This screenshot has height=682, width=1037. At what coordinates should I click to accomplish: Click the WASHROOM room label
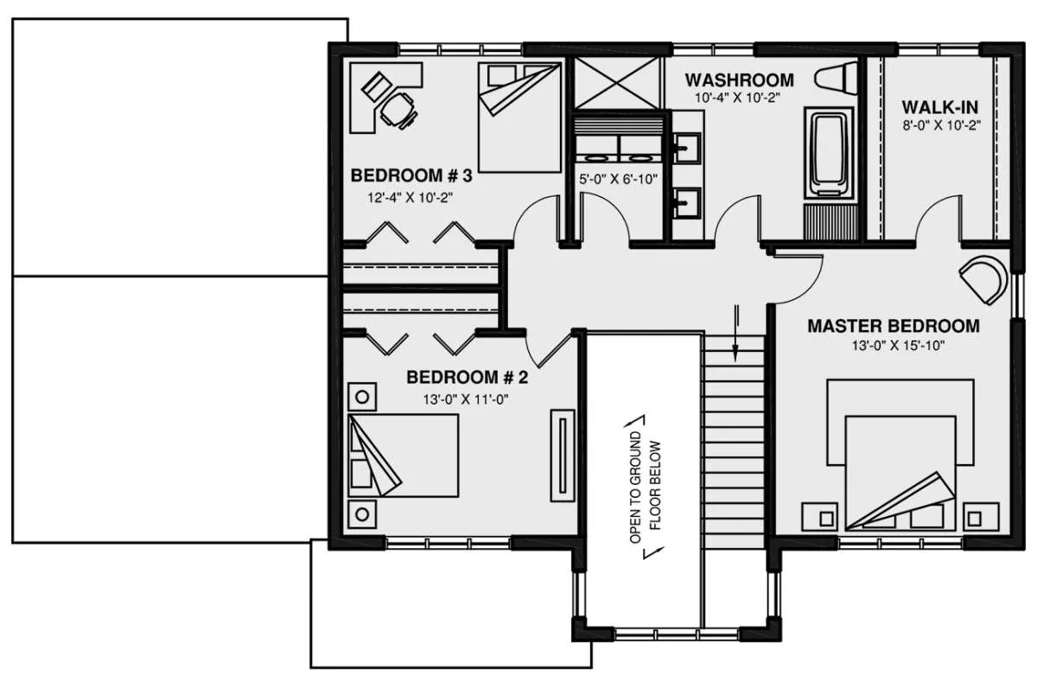[740, 80]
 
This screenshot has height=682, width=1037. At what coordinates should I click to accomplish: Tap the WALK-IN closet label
[940, 107]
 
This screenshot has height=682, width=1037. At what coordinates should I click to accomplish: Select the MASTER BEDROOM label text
[894, 326]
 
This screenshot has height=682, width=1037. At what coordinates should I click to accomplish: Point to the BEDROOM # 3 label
[411, 175]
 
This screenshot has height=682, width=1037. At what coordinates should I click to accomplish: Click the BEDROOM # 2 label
[468, 378]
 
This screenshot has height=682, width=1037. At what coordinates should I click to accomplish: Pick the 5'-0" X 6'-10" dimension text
[618, 179]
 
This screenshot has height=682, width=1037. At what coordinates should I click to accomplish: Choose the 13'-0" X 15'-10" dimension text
[898, 346]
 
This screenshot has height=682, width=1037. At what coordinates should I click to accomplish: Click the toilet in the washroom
[837, 78]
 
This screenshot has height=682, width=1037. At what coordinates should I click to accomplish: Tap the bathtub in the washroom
[829, 154]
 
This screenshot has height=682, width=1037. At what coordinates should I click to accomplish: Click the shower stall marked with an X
[616, 83]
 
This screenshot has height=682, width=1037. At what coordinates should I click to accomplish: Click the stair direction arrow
[735, 333]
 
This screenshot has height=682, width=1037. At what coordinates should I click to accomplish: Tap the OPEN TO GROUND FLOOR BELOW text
[646, 487]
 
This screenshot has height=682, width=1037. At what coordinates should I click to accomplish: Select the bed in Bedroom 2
[404, 456]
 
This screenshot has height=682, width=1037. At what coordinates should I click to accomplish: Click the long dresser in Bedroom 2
[563, 456]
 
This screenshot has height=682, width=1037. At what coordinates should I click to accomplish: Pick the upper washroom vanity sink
[686, 148]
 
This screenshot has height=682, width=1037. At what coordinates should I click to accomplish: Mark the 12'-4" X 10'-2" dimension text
[410, 198]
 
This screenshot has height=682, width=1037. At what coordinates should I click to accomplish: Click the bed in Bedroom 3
[519, 118]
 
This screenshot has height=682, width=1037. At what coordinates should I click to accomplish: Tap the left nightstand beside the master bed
[820, 517]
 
